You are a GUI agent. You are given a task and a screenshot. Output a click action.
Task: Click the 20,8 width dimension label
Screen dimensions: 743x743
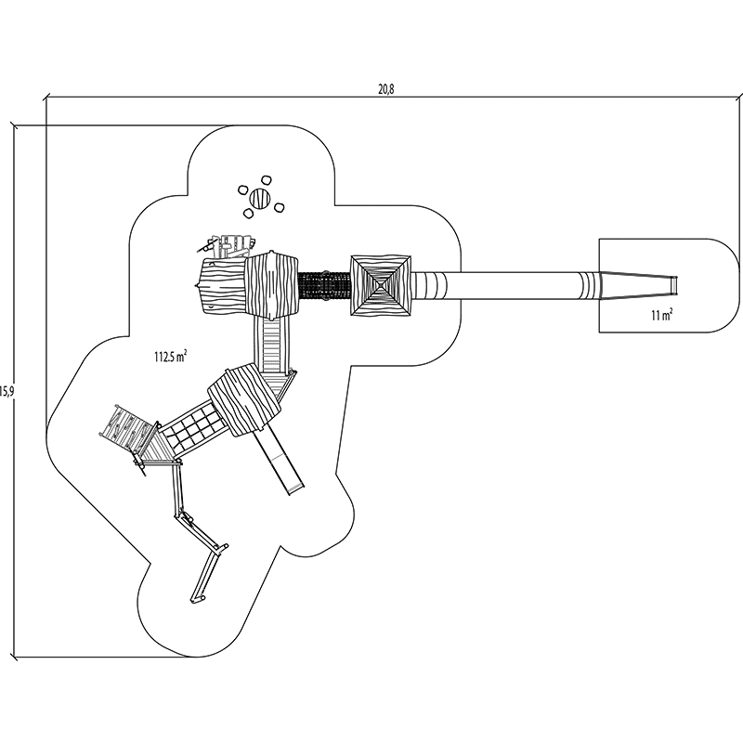(386, 89)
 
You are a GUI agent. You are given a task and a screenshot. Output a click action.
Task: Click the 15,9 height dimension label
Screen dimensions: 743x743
(6, 391)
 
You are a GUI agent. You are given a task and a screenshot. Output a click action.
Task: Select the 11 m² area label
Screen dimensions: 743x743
(662, 314)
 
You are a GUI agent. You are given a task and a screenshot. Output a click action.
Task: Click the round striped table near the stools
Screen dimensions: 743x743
(260, 198)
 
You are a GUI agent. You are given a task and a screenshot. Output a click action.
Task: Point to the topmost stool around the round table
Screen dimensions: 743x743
(266, 181)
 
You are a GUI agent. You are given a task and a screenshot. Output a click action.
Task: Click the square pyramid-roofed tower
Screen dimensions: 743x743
(382, 285)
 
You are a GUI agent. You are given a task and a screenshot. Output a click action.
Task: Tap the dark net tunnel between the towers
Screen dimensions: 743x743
(324, 285)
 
